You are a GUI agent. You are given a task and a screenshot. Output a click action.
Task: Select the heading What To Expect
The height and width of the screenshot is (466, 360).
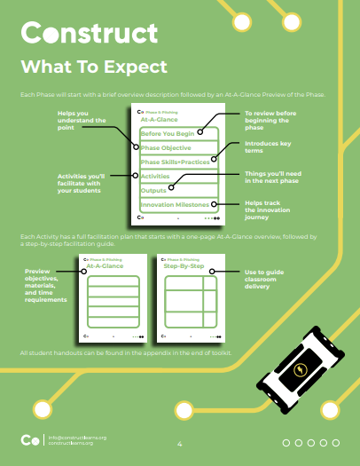[94, 67]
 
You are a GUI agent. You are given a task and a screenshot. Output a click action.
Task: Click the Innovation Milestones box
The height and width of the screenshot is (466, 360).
[176, 205]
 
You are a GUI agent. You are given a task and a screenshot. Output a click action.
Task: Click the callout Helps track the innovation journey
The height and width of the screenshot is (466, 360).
[267, 210]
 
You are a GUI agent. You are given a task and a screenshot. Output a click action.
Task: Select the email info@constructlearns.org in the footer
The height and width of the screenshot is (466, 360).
[78, 437]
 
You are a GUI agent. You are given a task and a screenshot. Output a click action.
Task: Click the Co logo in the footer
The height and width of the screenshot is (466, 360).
[30, 440]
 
